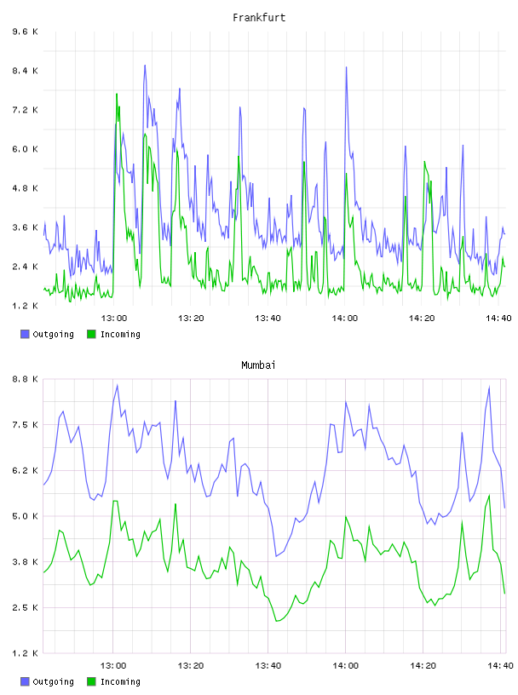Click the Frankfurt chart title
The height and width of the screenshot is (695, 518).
pyautogui.click(x=259, y=18)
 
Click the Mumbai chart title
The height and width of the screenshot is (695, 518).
pyautogui.click(x=258, y=365)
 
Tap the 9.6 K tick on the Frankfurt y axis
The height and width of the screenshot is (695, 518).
pyautogui.click(x=26, y=32)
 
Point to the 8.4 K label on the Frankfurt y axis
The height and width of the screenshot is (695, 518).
pyautogui.click(x=26, y=71)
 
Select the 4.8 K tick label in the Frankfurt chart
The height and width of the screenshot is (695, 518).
pyautogui.click(x=26, y=188)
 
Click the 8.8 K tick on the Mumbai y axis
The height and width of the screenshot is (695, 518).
pyautogui.click(x=26, y=379)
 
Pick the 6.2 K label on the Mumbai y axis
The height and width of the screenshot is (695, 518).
pyautogui.click(x=26, y=470)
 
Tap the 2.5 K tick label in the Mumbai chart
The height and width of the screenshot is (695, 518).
pyautogui.click(x=26, y=607)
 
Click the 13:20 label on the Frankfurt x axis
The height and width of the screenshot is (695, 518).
pyautogui.click(x=191, y=318)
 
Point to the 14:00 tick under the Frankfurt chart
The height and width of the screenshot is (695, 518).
pyautogui.click(x=344, y=318)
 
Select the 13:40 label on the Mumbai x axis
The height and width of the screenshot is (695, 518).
pyautogui.click(x=268, y=665)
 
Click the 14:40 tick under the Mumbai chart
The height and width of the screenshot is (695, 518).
pyautogui.click(x=500, y=665)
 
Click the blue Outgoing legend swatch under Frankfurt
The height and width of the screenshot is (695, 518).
pyautogui.click(x=25, y=334)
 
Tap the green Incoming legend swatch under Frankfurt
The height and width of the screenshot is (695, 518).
pyautogui.click(x=91, y=334)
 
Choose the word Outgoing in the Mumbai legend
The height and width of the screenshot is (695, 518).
pyautogui.click(x=53, y=681)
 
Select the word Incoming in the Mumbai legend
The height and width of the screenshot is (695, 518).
pyautogui.click(x=120, y=681)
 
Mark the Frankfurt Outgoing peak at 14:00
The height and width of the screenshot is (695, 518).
pyautogui.click(x=347, y=67)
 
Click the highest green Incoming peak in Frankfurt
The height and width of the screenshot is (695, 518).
pyautogui.click(x=117, y=94)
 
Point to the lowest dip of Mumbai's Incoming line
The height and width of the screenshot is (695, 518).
pyautogui.click(x=277, y=621)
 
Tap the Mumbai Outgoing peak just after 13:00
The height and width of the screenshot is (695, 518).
pyautogui.click(x=117, y=385)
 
